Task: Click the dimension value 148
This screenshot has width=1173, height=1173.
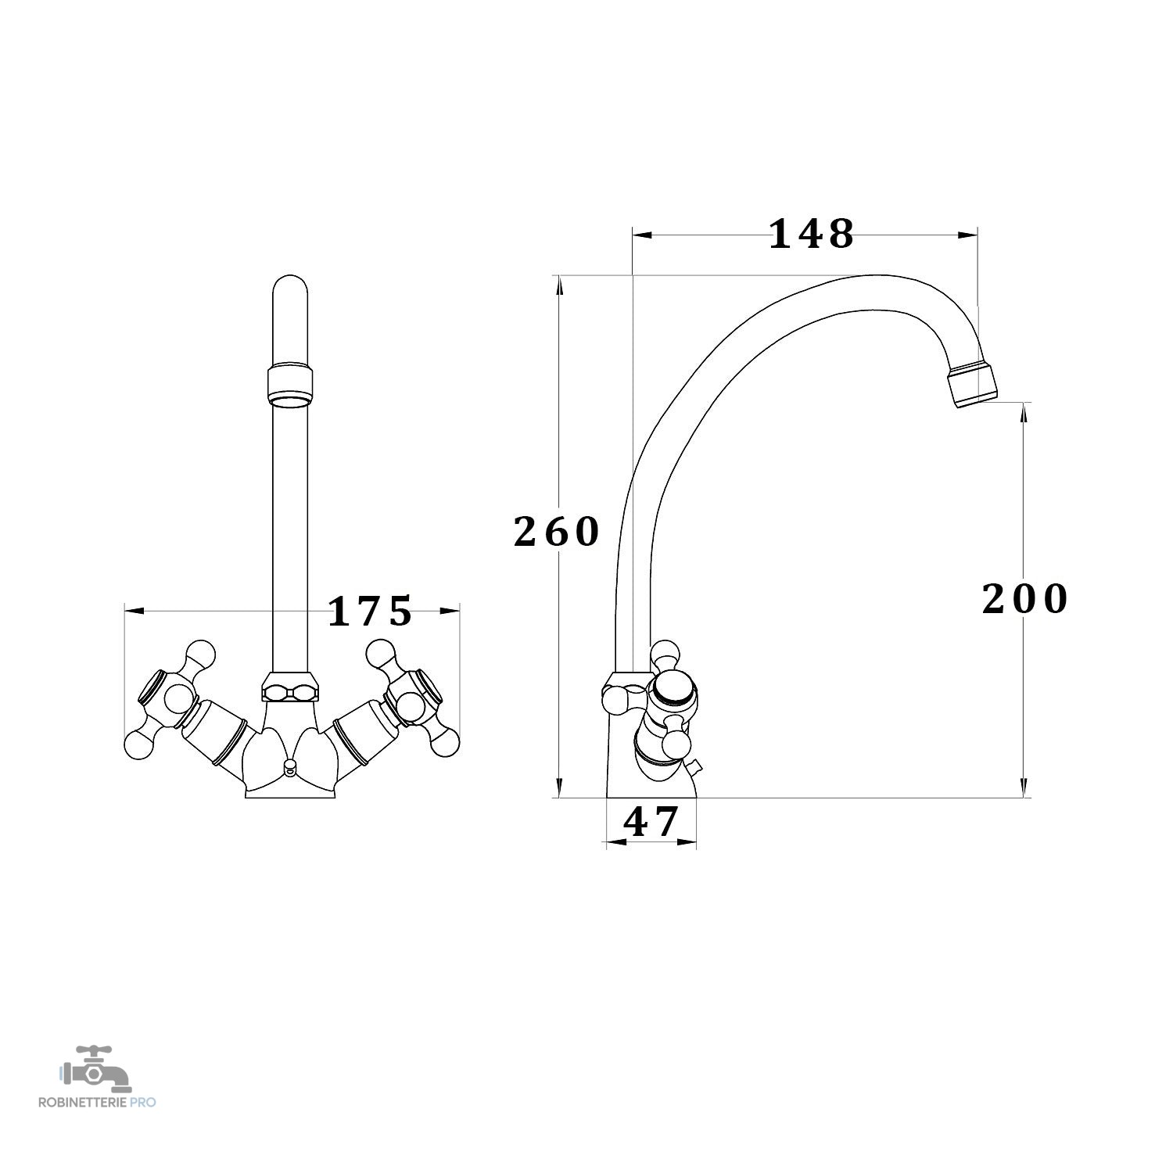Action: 812,234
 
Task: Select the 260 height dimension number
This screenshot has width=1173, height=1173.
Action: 556,533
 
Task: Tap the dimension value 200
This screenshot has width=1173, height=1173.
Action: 1024,600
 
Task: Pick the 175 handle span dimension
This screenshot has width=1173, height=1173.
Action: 369,612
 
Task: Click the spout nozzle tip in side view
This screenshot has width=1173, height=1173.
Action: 973,385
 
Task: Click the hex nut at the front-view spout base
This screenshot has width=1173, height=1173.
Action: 290,686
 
